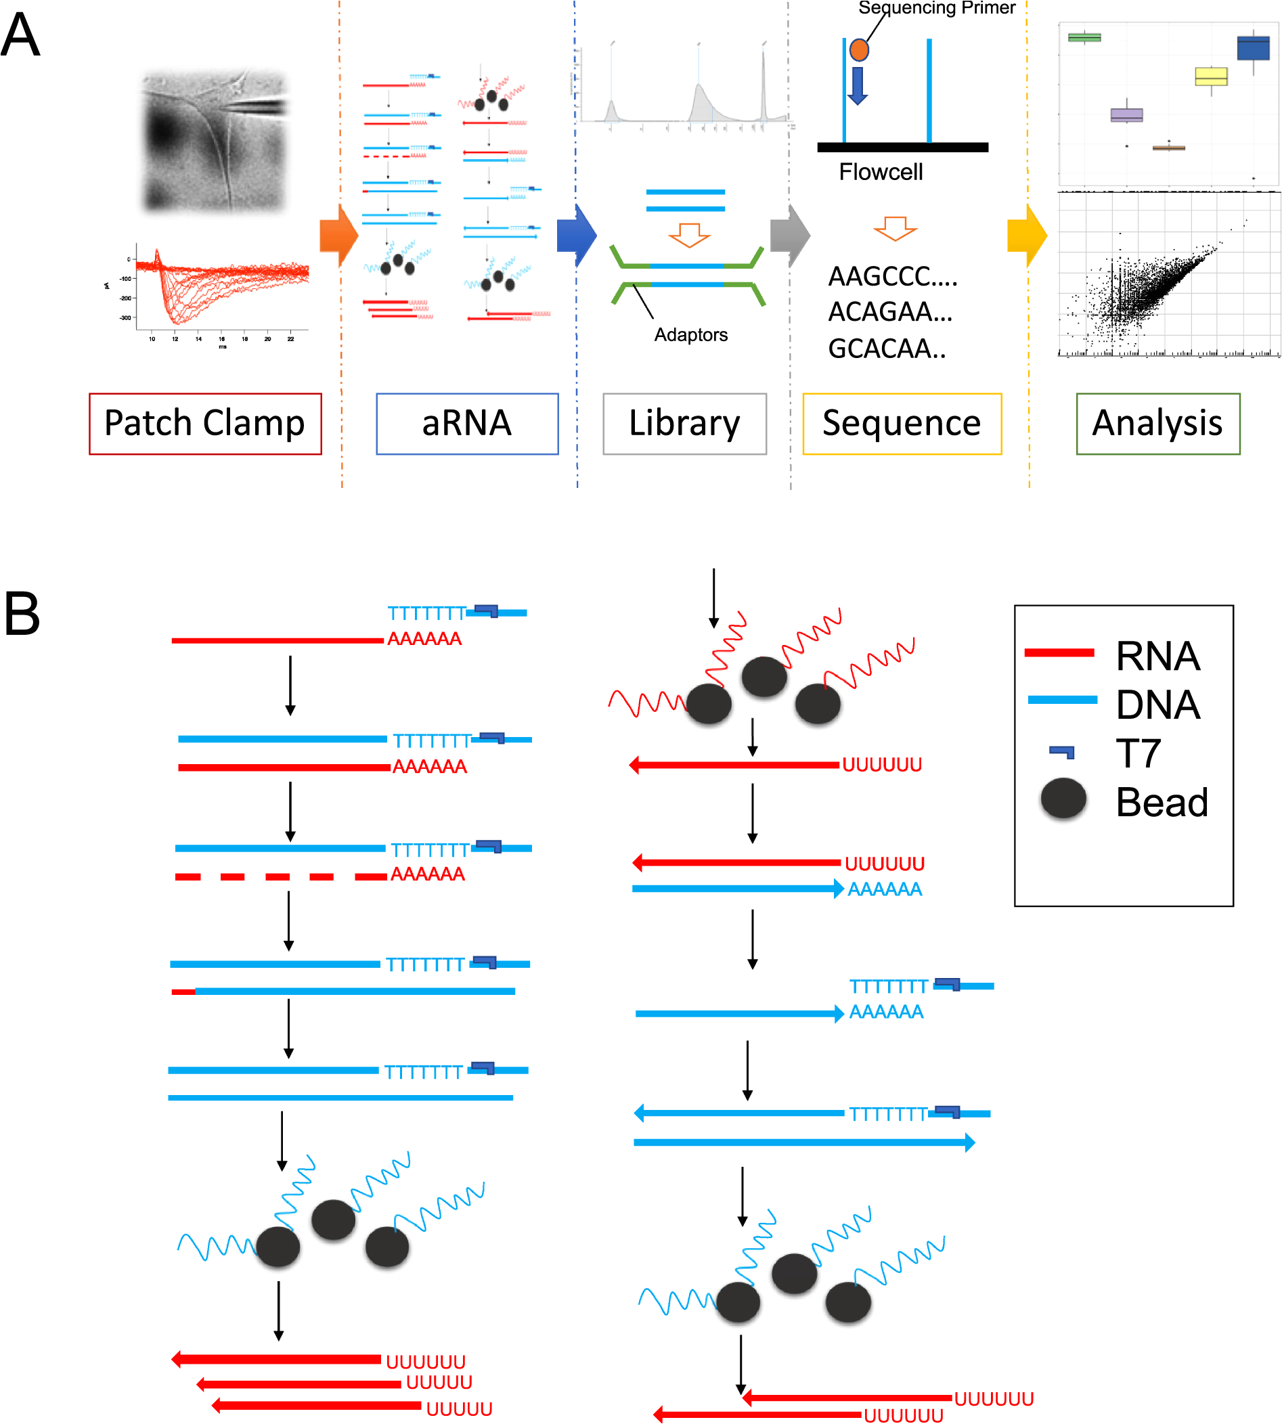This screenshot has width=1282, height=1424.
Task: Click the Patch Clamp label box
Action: (205, 423)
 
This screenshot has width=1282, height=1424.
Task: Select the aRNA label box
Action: (467, 423)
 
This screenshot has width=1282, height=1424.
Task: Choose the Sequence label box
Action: (902, 423)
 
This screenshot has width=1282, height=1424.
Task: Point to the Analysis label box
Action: (1157, 423)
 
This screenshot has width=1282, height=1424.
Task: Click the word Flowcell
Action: (881, 172)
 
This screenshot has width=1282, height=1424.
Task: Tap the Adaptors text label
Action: (690, 334)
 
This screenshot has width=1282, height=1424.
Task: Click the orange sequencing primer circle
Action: (859, 50)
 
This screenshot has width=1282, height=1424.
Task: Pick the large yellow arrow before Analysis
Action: (1026, 236)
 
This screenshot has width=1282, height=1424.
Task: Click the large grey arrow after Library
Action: (790, 236)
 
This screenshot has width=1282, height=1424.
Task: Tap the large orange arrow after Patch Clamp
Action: (339, 236)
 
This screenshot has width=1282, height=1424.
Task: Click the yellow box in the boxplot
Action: (1211, 76)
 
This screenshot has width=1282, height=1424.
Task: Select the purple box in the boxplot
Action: (1126, 115)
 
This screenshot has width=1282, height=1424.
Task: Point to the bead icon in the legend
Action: (1063, 799)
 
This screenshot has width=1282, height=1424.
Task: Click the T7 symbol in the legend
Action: (1061, 752)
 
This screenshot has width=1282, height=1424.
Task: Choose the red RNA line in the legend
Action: (1059, 653)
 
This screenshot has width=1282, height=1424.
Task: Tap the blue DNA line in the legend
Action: (1062, 699)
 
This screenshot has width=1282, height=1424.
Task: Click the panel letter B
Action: (22, 613)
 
